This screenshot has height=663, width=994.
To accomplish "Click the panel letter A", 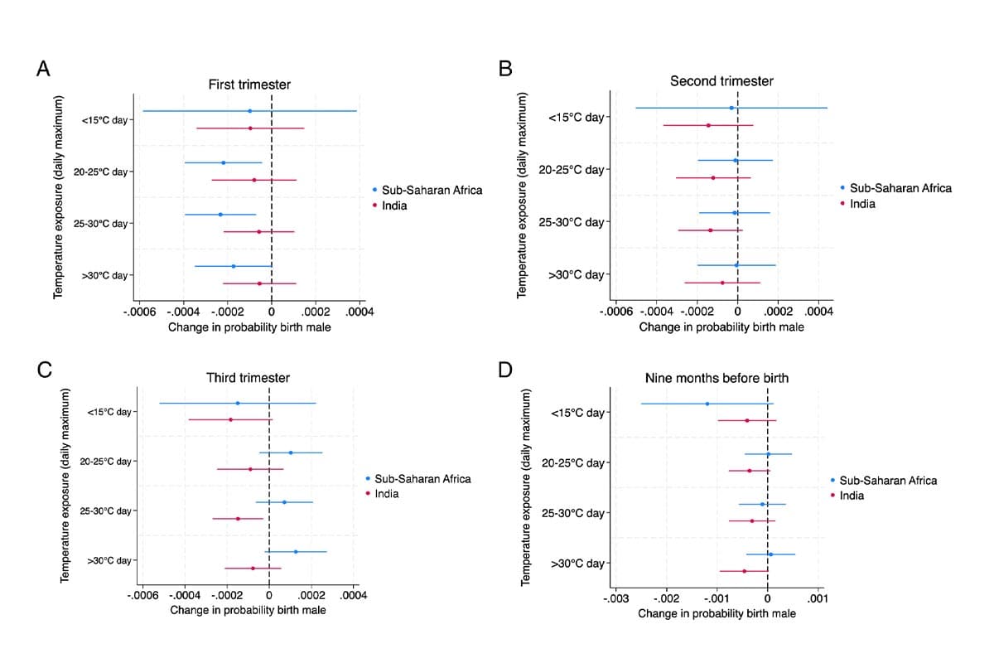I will coord(44,69).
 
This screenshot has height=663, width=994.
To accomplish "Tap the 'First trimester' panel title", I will coord(249,85).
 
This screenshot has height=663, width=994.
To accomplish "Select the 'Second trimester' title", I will coord(721,80).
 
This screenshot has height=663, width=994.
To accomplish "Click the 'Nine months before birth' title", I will coord(717,378).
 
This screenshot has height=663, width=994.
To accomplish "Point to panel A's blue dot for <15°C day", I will coord(249,111).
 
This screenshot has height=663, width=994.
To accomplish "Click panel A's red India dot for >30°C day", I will coord(259,283).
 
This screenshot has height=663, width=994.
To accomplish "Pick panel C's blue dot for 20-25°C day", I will coord(291,452).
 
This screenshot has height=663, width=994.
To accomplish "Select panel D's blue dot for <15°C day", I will coord(707,404).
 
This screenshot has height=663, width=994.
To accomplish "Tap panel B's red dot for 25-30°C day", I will coord(710,230).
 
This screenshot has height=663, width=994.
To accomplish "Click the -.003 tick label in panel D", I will coord(615,598).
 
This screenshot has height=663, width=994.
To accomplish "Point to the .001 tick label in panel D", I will coord(816,598).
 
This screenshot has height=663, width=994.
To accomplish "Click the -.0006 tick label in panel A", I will coord(139,312).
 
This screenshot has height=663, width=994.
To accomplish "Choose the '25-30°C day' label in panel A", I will coord(101,224).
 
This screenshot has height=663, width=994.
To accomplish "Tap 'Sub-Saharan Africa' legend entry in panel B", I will coord(900,188).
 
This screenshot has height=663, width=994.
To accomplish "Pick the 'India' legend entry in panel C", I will coord(386,494).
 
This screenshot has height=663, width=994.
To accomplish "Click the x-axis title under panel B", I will coord(721,327).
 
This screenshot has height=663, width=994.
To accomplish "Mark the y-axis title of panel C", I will coord(65,485).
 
